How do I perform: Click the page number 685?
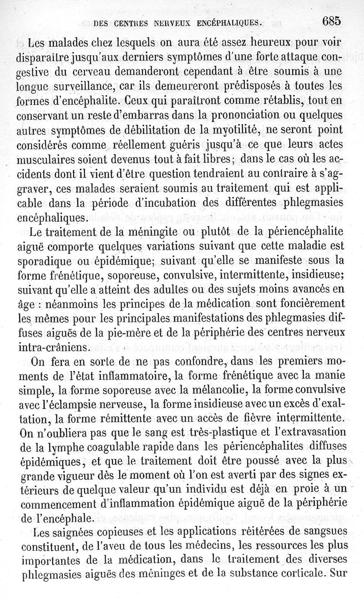(x=331, y=21)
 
